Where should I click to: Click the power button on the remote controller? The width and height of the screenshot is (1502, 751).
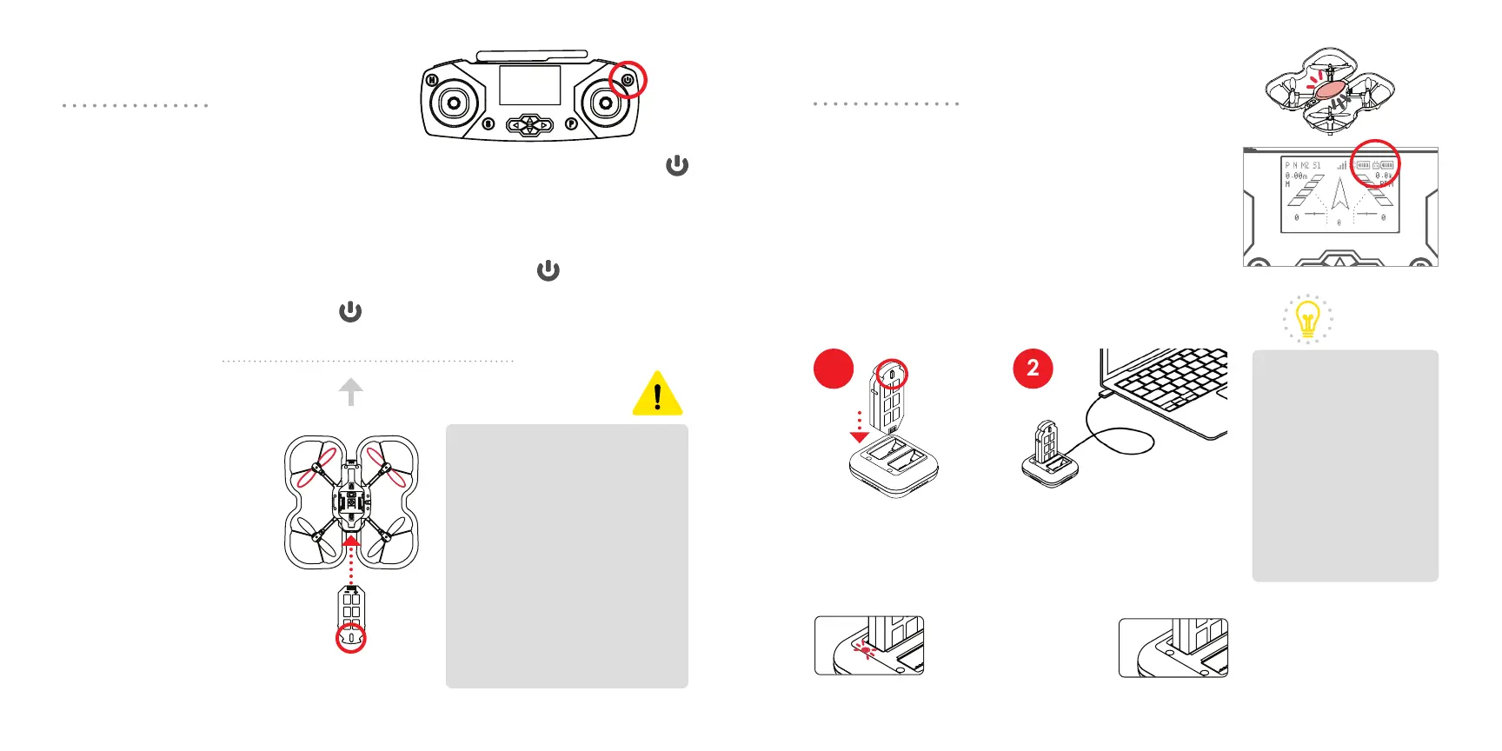pos(627,80)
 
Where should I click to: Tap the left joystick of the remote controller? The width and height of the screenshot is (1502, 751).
pos(453,103)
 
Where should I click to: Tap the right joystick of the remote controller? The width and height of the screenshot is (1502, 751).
pos(604,103)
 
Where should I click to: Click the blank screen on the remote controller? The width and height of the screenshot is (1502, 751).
pos(529,85)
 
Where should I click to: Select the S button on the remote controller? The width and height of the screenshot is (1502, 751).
pos(488,124)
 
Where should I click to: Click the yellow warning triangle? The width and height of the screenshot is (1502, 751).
pos(657,395)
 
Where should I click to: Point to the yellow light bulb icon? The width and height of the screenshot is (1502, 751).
pos(1307,318)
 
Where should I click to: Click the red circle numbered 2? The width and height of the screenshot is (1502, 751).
pos(1033,369)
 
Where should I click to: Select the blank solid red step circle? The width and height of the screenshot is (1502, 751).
pos(833,369)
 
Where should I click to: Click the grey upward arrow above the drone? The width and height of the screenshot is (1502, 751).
pos(351,391)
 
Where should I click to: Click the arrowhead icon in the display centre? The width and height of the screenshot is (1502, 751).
pos(1339,193)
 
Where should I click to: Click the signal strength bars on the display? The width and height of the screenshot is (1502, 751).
pos(1342,165)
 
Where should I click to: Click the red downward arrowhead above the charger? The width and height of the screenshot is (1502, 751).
pos(859,437)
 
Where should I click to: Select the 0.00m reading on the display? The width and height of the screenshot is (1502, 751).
pos(1296,176)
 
